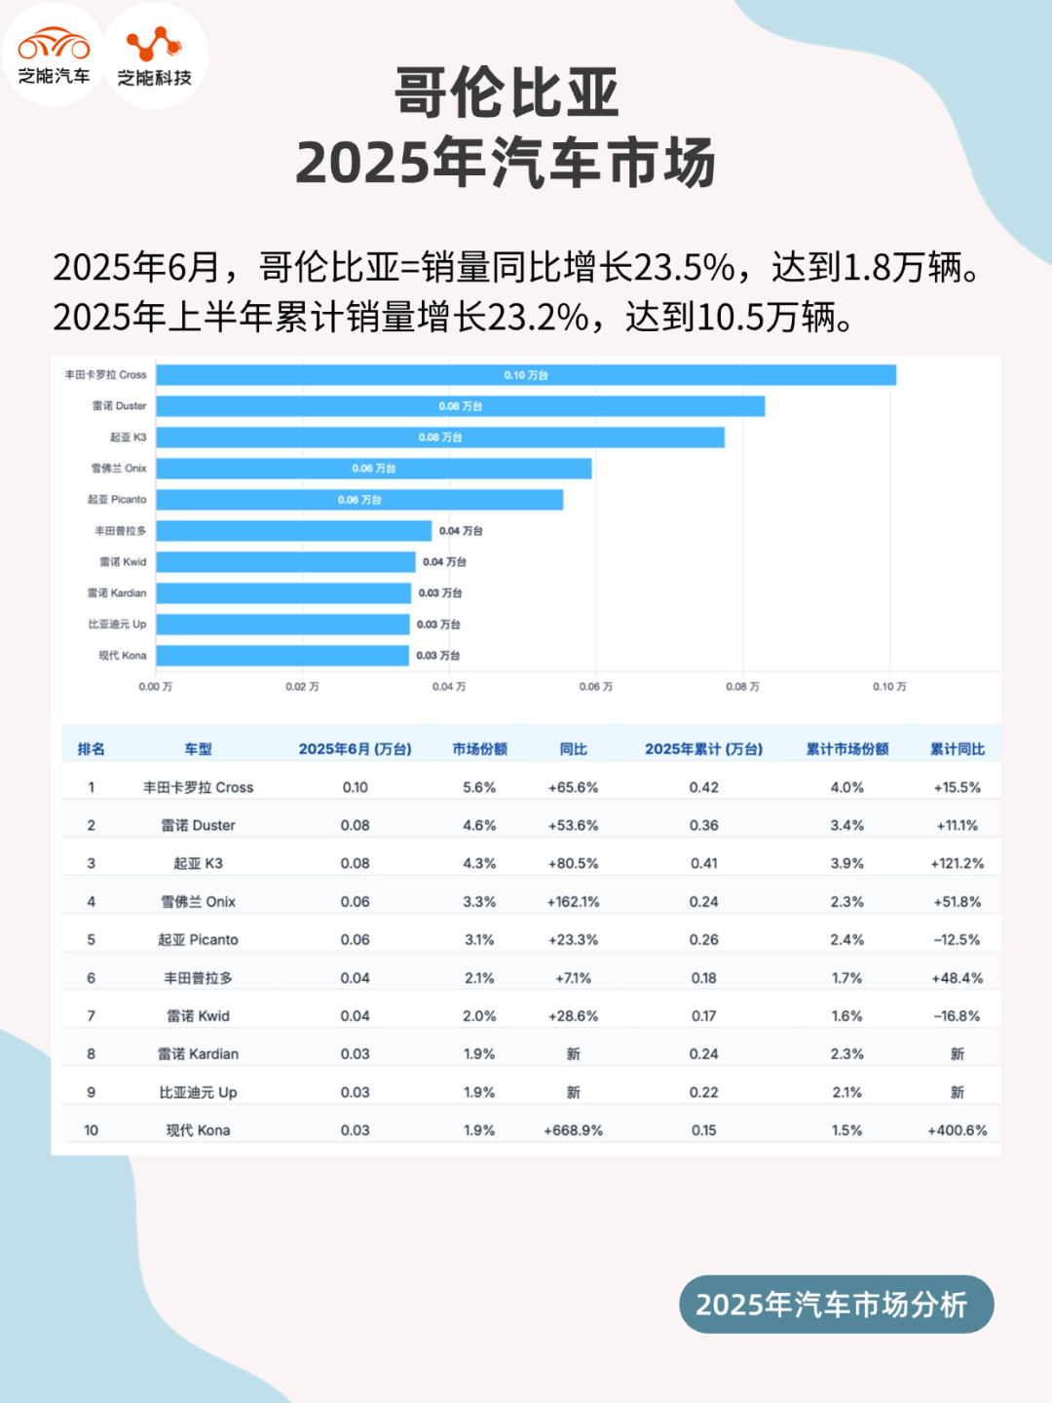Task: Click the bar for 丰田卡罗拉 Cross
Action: click(x=526, y=375)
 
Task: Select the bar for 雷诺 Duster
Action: click(x=460, y=406)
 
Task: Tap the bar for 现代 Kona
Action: click(x=282, y=656)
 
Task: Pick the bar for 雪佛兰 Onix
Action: click(x=374, y=469)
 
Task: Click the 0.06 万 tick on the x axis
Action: click(x=595, y=687)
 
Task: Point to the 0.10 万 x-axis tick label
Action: click(x=888, y=687)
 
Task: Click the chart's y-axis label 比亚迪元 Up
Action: click(x=117, y=625)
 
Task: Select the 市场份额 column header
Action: click(x=479, y=749)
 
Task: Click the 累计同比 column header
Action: click(x=957, y=749)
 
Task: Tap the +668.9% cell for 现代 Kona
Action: click(x=573, y=1130)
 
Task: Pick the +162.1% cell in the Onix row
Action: click(x=573, y=902)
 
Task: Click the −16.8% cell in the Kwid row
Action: click(x=957, y=1016)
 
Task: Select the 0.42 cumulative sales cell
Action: click(x=703, y=787)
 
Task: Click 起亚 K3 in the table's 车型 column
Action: click(x=198, y=863)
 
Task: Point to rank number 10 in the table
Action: click(x=91, y=1130)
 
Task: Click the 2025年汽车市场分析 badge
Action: click(x=836, y=1305)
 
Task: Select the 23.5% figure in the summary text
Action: click(x=684, y=267)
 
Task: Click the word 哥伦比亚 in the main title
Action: click(x=507, y=94)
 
